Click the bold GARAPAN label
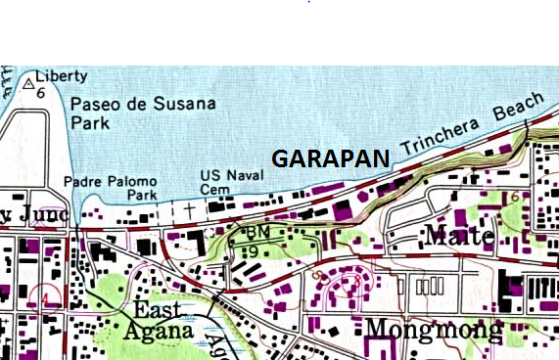click(x=330, y=158)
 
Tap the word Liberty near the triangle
click(x=62, y=76)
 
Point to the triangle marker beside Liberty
click(x=26, y=81)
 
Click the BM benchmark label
click(x=258, y=232)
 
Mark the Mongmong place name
click(x=434, y=329)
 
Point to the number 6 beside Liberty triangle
click(x=40, y=93)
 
